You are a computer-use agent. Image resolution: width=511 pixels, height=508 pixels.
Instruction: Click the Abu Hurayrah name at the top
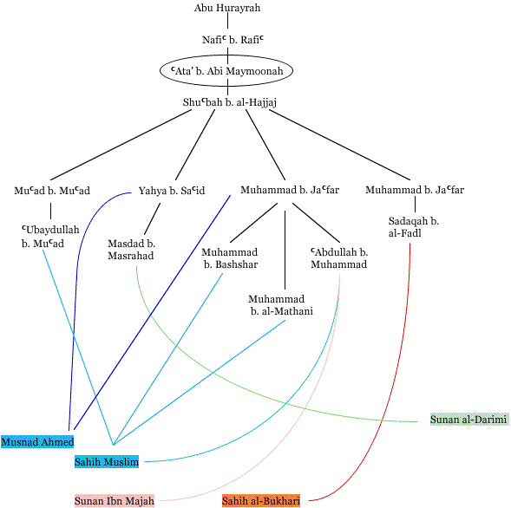(227, 8)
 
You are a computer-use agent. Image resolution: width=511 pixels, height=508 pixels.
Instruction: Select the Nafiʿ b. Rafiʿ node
(233, 40)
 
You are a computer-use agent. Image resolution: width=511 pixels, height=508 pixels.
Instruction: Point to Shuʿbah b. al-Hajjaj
(230, 102)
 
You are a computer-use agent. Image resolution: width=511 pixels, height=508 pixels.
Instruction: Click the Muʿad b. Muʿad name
(52, 191)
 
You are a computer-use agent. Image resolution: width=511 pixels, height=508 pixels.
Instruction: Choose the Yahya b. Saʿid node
(172, 191)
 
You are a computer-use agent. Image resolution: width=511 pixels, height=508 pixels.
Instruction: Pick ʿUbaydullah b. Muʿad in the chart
(50, 237)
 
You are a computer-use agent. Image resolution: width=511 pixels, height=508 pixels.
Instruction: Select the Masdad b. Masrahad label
(131, 250)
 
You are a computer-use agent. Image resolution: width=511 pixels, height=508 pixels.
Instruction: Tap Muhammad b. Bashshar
(230, 258)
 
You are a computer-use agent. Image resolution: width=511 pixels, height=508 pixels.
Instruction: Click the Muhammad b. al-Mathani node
(280, 305)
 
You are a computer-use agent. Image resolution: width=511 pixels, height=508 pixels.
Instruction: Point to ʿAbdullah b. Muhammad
(339, 258)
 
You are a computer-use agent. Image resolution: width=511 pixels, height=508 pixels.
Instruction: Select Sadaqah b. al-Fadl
(414, 227)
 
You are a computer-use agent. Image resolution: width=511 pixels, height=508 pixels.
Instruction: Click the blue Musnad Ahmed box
(37, 442)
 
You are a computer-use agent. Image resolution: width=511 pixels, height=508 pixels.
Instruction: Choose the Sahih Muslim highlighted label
(107, 462)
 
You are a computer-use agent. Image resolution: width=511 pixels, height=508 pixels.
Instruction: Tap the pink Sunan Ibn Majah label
(115, 500)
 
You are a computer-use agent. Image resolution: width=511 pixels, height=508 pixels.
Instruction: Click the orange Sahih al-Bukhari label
(261, 500)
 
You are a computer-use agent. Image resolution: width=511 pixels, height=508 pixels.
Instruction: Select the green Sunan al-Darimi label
(469, 419)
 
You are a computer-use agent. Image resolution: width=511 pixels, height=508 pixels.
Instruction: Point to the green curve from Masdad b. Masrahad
(228, 381)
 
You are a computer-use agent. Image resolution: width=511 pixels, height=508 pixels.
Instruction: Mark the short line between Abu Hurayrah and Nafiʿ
(227, 21)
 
